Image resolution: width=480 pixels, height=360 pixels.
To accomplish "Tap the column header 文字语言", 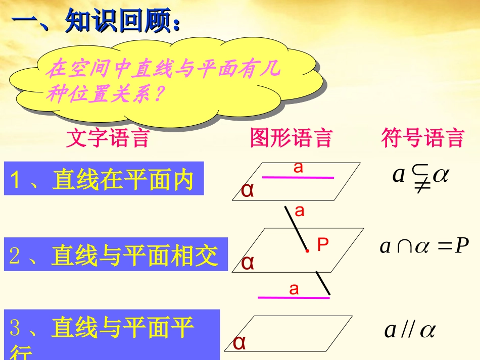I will [x=108, y=138].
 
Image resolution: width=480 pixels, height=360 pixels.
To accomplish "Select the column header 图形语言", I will [x=291, y=138].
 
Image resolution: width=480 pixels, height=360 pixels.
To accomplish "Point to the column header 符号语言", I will [x=422, y=138].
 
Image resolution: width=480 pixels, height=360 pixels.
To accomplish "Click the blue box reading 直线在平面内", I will [x=104, y=179].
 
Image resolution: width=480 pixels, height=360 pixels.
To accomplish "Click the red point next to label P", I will [x=307, y=250].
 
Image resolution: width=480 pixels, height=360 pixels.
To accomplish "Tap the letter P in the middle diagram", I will [x=323, y=245].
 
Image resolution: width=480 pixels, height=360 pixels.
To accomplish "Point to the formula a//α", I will [x=410, y=330].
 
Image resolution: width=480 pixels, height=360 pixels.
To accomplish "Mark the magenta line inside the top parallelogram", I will [x=298, y=177].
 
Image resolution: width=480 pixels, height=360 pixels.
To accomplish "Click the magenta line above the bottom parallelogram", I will [x=294, y=297].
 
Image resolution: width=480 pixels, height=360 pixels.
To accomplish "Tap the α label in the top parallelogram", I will [x=248, y=190].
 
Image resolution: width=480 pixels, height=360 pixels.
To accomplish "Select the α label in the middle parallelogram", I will [x=248, y=263].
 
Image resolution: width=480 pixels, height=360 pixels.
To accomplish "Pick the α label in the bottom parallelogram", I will [x=239, y=342].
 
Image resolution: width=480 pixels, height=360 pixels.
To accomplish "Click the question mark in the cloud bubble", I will [x=158, y=93].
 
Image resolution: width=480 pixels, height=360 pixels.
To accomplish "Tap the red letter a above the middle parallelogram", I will [x=300, y=211].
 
